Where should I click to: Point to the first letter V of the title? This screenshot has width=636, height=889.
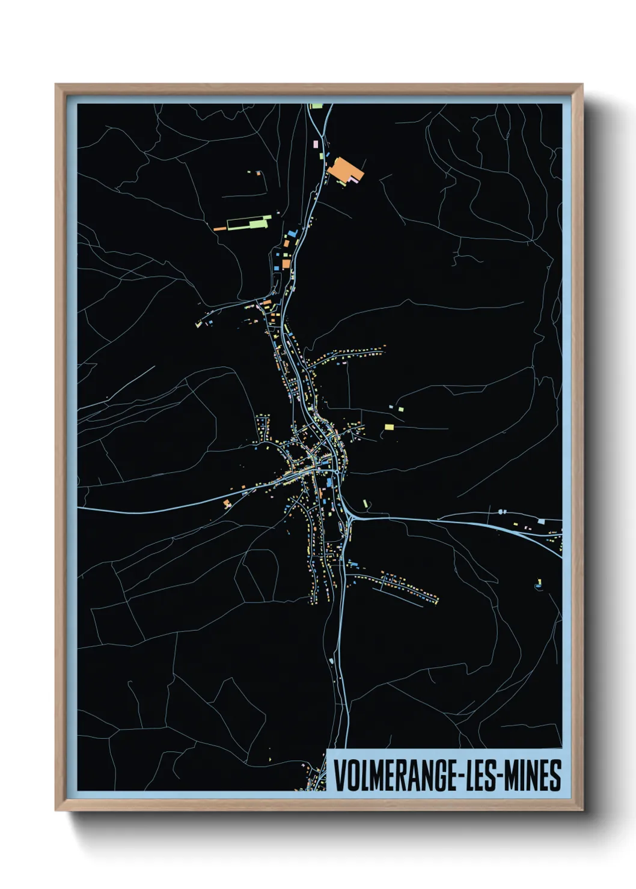339,775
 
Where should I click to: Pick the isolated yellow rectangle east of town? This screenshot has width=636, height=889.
389,427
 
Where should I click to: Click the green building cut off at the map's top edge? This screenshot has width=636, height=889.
316,106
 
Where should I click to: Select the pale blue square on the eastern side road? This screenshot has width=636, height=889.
541,521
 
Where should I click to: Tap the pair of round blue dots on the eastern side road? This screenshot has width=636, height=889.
502,512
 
